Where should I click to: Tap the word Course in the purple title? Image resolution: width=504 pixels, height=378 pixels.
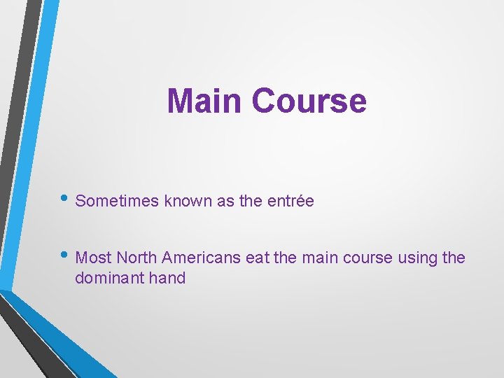tap(309, 100)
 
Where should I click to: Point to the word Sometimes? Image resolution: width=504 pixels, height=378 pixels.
tap(117, 201)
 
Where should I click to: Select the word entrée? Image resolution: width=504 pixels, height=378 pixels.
tap(290, 201)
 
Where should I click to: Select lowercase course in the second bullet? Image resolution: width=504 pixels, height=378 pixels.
tap(367, 258)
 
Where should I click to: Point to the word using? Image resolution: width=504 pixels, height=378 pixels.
tap(418, 258)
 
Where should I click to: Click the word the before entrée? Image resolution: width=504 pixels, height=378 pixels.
tap(250, 201)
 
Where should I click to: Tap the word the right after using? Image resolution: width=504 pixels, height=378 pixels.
tap(454, 258)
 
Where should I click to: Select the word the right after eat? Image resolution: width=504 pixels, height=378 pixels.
tap(285, 258)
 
